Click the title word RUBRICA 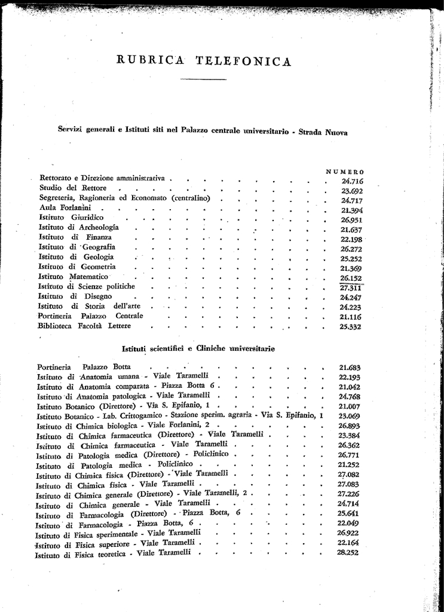tap(147, 61)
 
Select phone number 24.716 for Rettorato tap(353, 181)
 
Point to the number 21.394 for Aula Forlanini tap(352, 210)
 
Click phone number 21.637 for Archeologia tap(352, 229)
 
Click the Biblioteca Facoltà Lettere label tap(84, 326)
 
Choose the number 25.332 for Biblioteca tap(352, 327)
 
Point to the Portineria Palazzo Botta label tap(84, 366)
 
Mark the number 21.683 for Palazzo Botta tap(350, 368)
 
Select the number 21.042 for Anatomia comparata tap(350, 387)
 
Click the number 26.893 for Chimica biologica tap(350, 426)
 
